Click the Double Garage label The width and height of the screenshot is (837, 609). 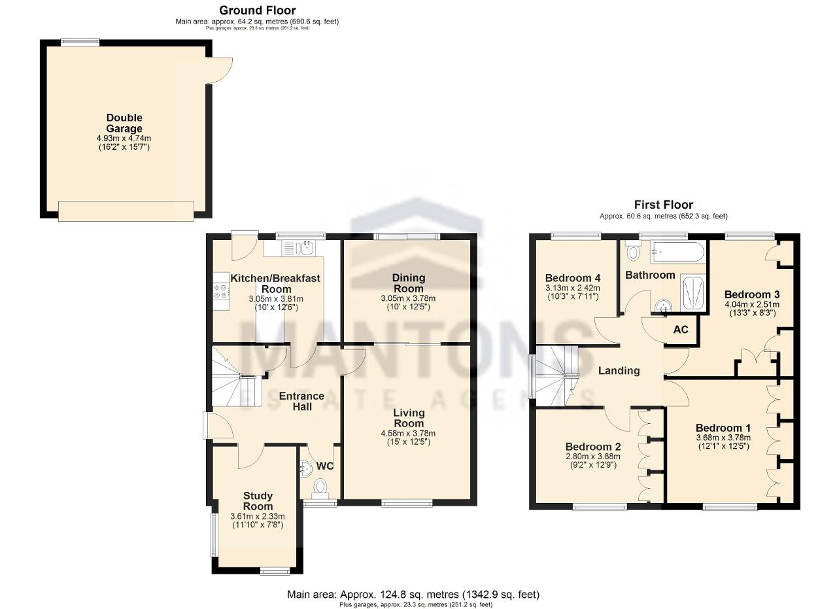124,123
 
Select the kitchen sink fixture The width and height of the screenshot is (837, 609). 298,248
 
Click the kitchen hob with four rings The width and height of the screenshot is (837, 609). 220,292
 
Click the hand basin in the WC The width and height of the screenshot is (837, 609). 305,469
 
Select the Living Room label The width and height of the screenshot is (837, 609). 409,418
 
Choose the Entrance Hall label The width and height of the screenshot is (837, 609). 301,401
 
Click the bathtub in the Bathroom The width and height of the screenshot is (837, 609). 677,252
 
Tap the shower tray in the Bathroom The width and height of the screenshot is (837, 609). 692,293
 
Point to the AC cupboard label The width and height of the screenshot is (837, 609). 681,330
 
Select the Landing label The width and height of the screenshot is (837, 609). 619,370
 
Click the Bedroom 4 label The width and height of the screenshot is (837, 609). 573,278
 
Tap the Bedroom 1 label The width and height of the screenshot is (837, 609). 723,428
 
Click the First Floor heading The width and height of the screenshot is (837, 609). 664,205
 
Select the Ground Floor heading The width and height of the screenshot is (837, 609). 258,10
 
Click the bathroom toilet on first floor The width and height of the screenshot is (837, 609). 632,251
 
